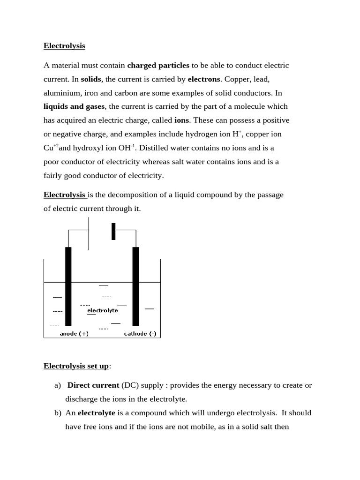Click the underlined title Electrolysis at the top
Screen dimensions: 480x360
64,46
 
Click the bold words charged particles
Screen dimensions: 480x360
158,65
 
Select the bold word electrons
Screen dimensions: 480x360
203,79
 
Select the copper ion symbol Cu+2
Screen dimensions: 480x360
51,148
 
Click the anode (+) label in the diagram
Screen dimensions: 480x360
74,334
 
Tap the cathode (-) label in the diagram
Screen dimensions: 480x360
140,334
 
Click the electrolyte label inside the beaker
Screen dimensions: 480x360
103,310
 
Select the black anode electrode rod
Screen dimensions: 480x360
68,286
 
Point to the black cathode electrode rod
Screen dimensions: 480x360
136,286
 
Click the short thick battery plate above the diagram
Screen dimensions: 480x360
113,232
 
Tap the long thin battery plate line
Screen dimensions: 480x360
89,233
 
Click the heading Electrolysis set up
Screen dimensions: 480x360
76,366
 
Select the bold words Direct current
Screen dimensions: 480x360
93,385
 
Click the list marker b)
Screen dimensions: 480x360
58,413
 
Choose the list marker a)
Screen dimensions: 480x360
58,385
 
